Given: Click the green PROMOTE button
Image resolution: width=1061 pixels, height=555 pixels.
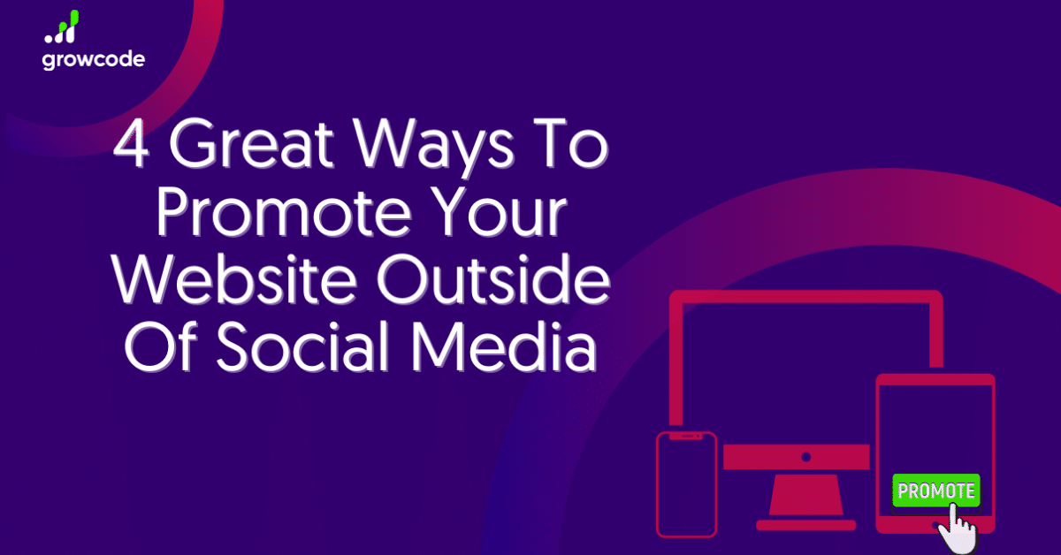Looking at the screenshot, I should point(936,491).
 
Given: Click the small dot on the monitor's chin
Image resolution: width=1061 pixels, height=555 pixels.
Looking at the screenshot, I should point(805,458).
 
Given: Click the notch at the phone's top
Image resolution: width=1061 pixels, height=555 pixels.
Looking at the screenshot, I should point(686,436).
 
